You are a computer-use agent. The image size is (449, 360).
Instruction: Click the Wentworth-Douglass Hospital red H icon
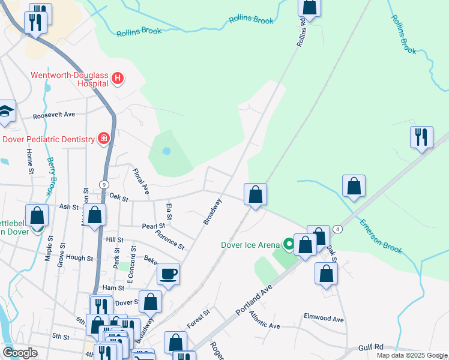click(118, 79)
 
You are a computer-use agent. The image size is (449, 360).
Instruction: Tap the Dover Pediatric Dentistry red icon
click(104, 139)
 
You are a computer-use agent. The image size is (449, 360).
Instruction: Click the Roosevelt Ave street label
click(54, 114)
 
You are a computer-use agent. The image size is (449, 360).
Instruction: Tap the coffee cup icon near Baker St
click(168, 274)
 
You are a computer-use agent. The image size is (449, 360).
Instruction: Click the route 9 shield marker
click(104, 185)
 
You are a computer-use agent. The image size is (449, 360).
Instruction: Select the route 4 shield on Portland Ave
click(339, 229)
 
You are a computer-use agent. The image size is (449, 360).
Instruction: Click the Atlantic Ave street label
click(265, 320)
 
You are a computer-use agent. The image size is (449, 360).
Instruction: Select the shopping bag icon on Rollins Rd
click(309, 7)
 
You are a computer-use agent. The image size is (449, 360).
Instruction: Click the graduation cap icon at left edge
click(6, 111)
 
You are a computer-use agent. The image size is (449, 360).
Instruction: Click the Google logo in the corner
click(20, 353)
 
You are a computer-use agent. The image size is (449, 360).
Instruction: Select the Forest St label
click(198, 319)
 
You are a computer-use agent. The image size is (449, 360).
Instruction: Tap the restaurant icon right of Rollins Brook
click(421, 137)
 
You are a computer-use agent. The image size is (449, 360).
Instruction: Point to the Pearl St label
click(154, 226)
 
